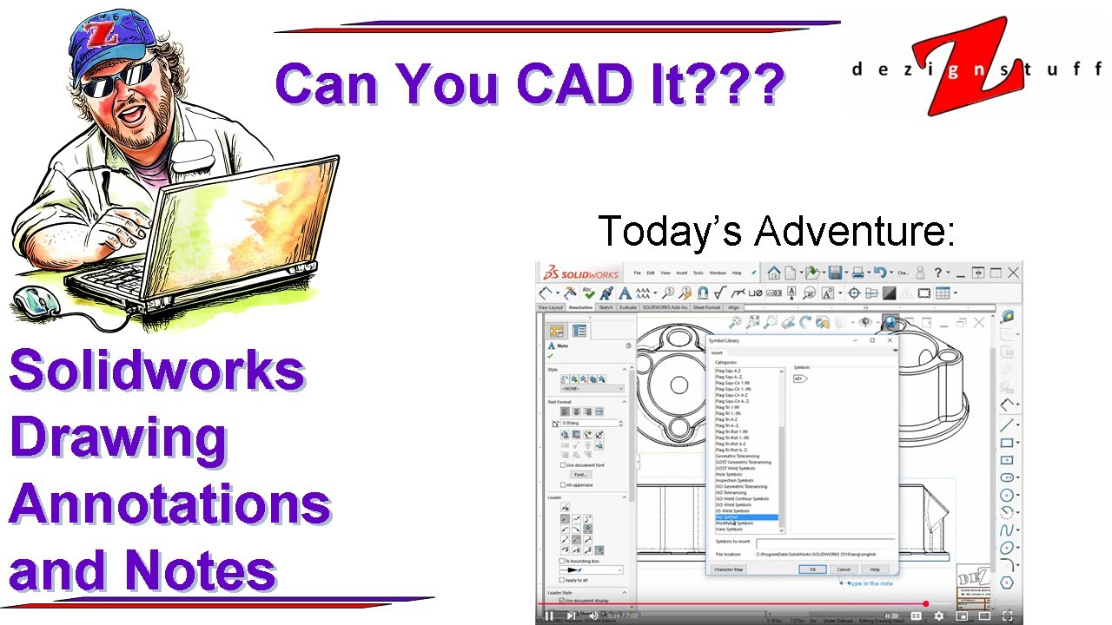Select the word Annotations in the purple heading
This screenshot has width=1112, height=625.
[169, 504]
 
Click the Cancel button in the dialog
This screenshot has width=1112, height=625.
[844, 569]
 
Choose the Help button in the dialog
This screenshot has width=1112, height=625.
[875, 569]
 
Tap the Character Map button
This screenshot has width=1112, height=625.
[728, 569]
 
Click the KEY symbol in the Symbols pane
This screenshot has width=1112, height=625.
[800, 378]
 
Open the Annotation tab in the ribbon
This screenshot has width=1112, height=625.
[580, 307]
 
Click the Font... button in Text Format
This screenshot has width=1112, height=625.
[580, 474]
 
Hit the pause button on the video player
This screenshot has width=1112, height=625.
[549, 615]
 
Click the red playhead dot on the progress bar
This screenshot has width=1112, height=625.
[926, 603]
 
